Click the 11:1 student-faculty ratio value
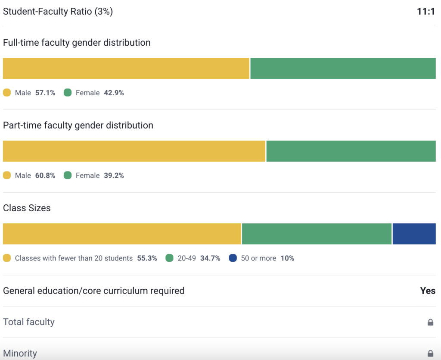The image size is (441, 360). (426, 12)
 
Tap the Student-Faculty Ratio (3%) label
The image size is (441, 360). (58, 12)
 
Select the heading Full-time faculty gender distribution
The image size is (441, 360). (77, 43)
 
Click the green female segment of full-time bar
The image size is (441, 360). (343, 69)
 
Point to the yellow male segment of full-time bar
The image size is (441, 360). (126, 69)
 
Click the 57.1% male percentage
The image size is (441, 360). (45, 93)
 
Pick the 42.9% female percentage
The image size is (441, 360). (114, 93)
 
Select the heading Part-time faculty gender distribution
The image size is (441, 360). (78, 125)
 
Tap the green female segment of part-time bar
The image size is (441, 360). (351, 151)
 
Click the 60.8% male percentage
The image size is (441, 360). (45, 175)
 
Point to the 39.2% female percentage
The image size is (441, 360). (114, 175)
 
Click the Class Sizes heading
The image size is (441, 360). (27, 208)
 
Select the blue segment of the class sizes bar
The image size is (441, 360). (414, 234)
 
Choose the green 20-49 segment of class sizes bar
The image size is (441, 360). (317, 234)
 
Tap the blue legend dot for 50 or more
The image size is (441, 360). (233, 258)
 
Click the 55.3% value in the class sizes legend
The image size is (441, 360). (147, 258)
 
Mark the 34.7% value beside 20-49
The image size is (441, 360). (210, 258)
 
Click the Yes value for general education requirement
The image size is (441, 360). (428, 291)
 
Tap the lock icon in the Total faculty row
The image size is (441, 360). (430, 322)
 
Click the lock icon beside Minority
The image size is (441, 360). (430, 353)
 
